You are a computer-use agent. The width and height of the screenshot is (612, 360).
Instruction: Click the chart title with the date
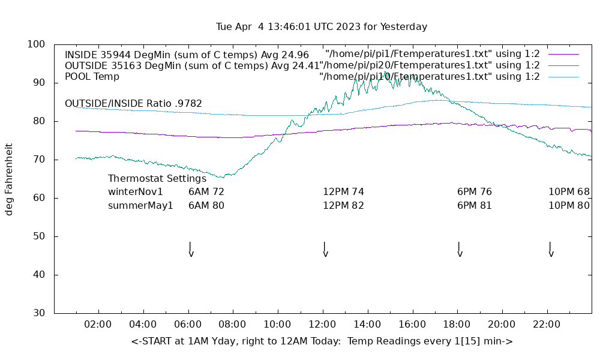click(x=322, y=27)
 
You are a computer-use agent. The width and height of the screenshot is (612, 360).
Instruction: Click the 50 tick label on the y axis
click(x=40, y=236)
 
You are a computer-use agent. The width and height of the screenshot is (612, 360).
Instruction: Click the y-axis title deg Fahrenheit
click(x=10, y=179)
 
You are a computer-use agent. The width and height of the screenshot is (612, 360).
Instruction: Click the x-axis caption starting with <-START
click(x=322, y=341)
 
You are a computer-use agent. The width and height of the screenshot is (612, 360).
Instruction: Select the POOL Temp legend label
click(x=92, y=77)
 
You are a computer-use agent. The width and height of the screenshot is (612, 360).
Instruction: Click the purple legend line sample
click(x=563, y=55)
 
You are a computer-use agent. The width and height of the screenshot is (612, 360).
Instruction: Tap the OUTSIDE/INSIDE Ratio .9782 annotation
click(x=133, y=103)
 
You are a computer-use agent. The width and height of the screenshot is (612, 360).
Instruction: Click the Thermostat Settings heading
click(x=157, y=178)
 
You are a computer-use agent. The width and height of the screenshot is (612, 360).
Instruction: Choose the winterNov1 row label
click(x=136, y=192)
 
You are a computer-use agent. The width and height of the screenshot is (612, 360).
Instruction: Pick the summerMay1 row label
click(x=140, y=205)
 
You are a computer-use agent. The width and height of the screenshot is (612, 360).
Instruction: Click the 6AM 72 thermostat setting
click(x=206, y=192)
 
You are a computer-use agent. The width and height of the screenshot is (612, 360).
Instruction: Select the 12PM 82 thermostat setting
click(x=343, y=205)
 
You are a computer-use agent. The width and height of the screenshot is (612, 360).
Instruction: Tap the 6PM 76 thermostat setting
click(x=475, y=192)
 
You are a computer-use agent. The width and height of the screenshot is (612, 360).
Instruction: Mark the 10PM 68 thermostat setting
click(x=569, y=192)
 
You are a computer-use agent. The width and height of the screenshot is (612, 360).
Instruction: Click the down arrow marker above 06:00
click(x=190, y=250)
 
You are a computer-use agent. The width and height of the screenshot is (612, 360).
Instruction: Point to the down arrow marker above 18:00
click(x=459, y=250)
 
